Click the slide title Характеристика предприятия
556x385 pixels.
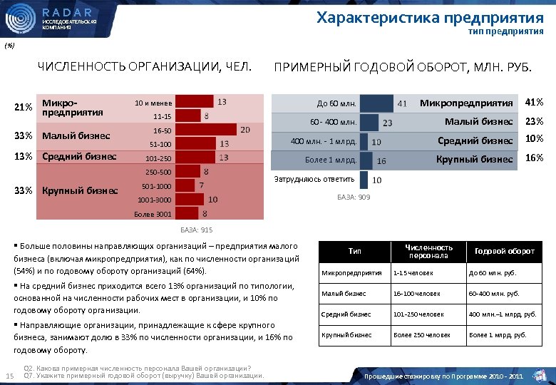coord(429,16)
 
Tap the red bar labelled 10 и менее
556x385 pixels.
coord(193,101)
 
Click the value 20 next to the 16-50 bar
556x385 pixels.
coord(244,130)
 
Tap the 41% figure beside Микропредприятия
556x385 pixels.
coord(534,103)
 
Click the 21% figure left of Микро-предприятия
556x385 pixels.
coord(23,108)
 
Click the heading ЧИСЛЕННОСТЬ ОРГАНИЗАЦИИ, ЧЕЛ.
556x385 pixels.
coord(145,68)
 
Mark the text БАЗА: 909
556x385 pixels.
coord(353,197)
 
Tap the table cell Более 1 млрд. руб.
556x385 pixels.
coord(497,334)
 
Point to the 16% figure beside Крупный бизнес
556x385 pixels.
coord(534,158)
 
